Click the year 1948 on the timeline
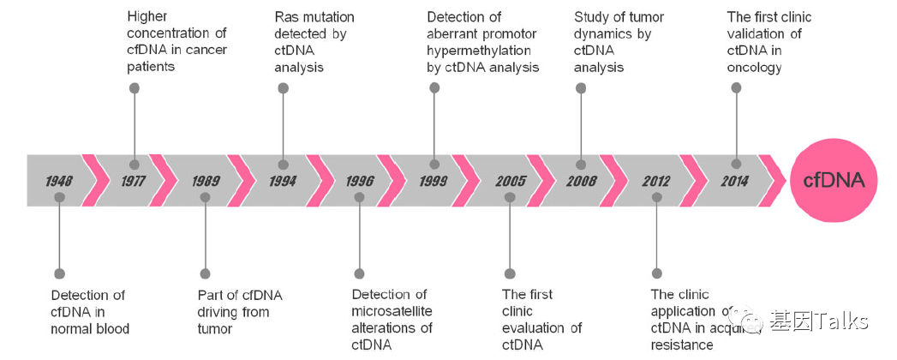(x=59, y=182)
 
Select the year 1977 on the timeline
(x=133, y=182)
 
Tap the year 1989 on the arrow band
(x=206, y=182)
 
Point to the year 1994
(x=282, y=182)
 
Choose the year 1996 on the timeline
(x=360, y=182)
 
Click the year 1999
(x=434, y=182)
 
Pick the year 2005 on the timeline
(x=511, y=182)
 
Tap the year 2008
(x=582, y=182)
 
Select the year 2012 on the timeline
(x=657, y=182)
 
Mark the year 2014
(x=733, y=182)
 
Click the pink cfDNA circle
(x=834, y=181)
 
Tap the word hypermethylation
(x=479, y=50)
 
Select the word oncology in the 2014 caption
(x=754, y=67)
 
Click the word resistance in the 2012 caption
(x=681, y=345)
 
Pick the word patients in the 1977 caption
(x=151, y=66)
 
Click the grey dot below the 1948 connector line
(x=59, y=273)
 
